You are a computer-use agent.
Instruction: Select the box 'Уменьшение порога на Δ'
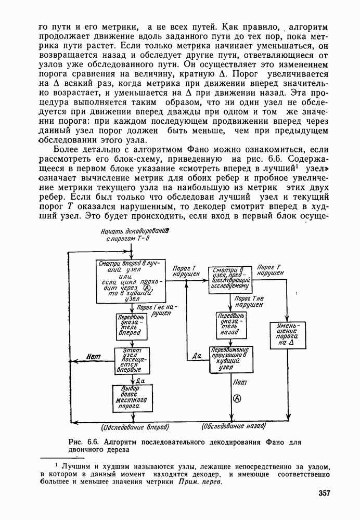288,335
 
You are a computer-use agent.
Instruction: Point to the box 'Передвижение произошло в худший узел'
230,359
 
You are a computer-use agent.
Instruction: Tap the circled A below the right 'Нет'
237,398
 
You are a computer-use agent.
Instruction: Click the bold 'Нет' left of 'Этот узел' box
94,358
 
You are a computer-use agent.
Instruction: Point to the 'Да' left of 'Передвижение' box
196,355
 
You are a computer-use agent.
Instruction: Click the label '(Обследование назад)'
234,426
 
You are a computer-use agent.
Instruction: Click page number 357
326,493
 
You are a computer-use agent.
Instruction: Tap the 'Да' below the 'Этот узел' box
140,381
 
